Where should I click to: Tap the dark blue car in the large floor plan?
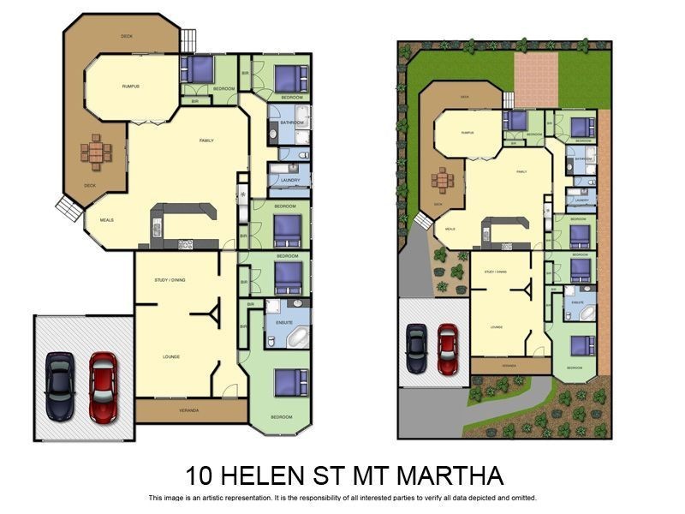pos(60,387)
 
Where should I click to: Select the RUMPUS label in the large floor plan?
pos(131,87)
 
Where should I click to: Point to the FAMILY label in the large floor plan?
pos(206,140)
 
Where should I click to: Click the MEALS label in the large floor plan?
pos(107,220)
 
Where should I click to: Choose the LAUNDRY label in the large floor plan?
pos(286,180)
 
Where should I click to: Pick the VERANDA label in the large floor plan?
pos(188,411)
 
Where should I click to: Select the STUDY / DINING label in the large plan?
pos(170,280)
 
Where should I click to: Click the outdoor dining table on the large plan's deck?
pos(95,152)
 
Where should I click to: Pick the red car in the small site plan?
pos(447,348)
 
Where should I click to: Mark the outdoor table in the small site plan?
pos(443,180)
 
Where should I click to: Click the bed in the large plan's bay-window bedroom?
pos(290,382)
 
